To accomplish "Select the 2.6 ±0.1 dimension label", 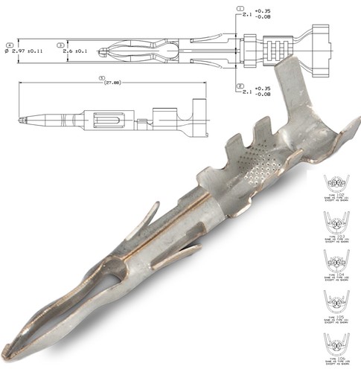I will click(77, 51).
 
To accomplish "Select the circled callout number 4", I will click(9, 45).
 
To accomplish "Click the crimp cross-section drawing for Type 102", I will click(339, 183).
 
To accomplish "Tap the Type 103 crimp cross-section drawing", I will click(339, 221).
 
